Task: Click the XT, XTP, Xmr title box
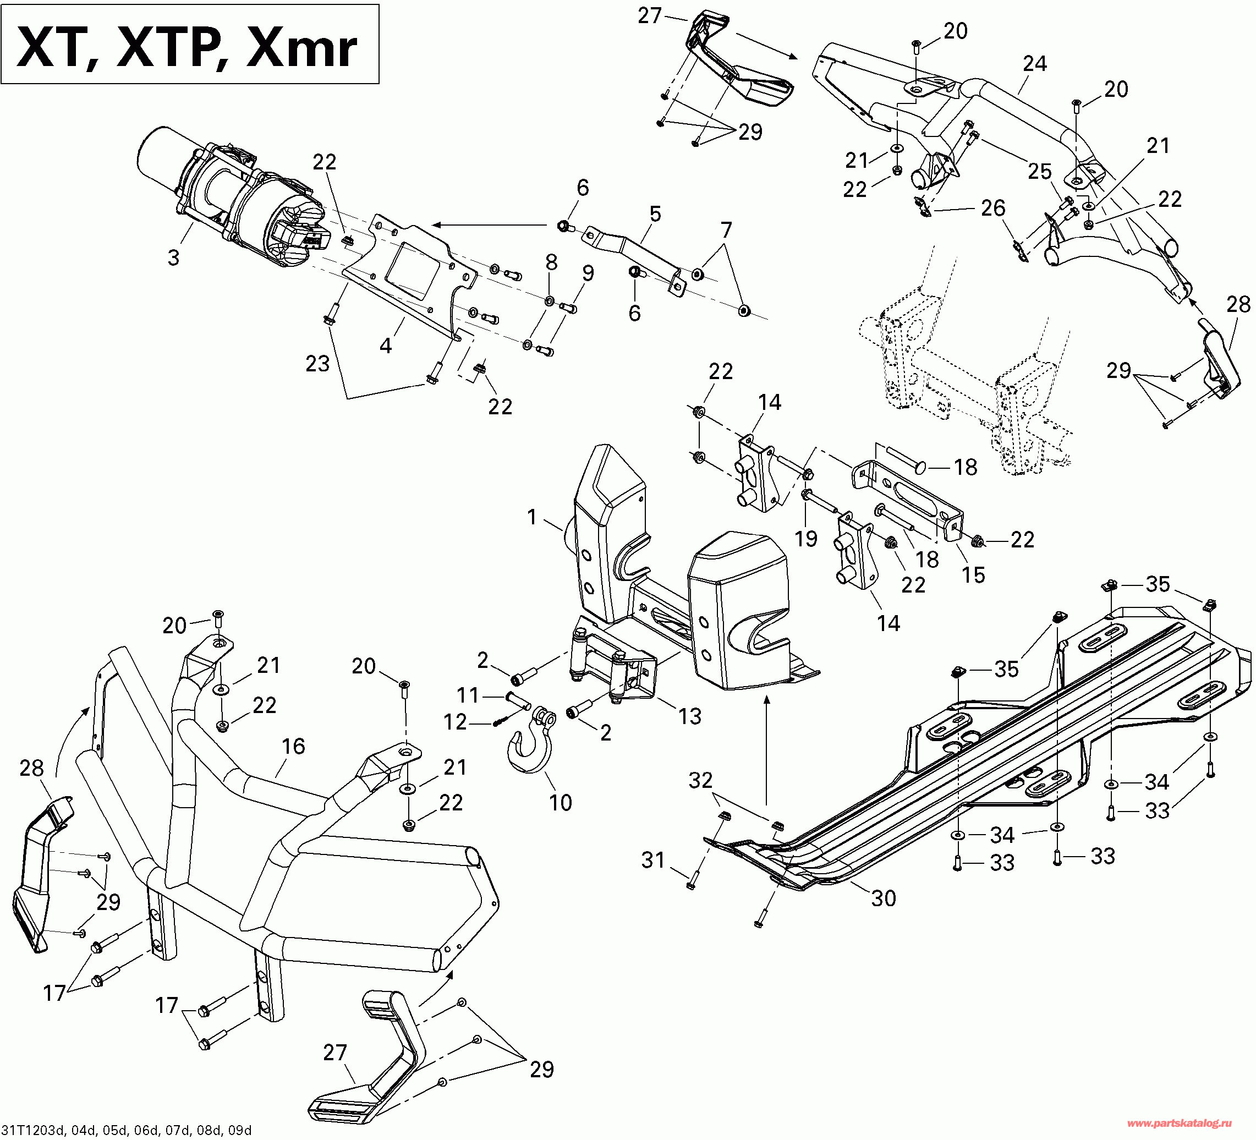tap(189, 44)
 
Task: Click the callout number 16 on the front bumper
tap(293, 746)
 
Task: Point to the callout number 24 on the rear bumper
tap(1035, 63)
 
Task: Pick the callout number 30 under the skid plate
tap(884, 898)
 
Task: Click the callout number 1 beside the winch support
tap(531, 517)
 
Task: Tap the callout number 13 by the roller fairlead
tap(690, 716)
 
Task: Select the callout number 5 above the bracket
tap(655, 214)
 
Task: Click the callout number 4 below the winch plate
tap(386, 345)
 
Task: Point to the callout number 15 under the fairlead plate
tap(973, 575)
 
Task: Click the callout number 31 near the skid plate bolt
tap(654, 861)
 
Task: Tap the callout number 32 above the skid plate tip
tap(700, 780)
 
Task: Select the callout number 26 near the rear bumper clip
tap(993, 208)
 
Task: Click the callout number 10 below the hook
tap(560, 803)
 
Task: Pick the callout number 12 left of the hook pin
tap(455, 722)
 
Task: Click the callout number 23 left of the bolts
tap(317, 364)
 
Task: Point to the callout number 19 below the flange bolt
tap(805, 539)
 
